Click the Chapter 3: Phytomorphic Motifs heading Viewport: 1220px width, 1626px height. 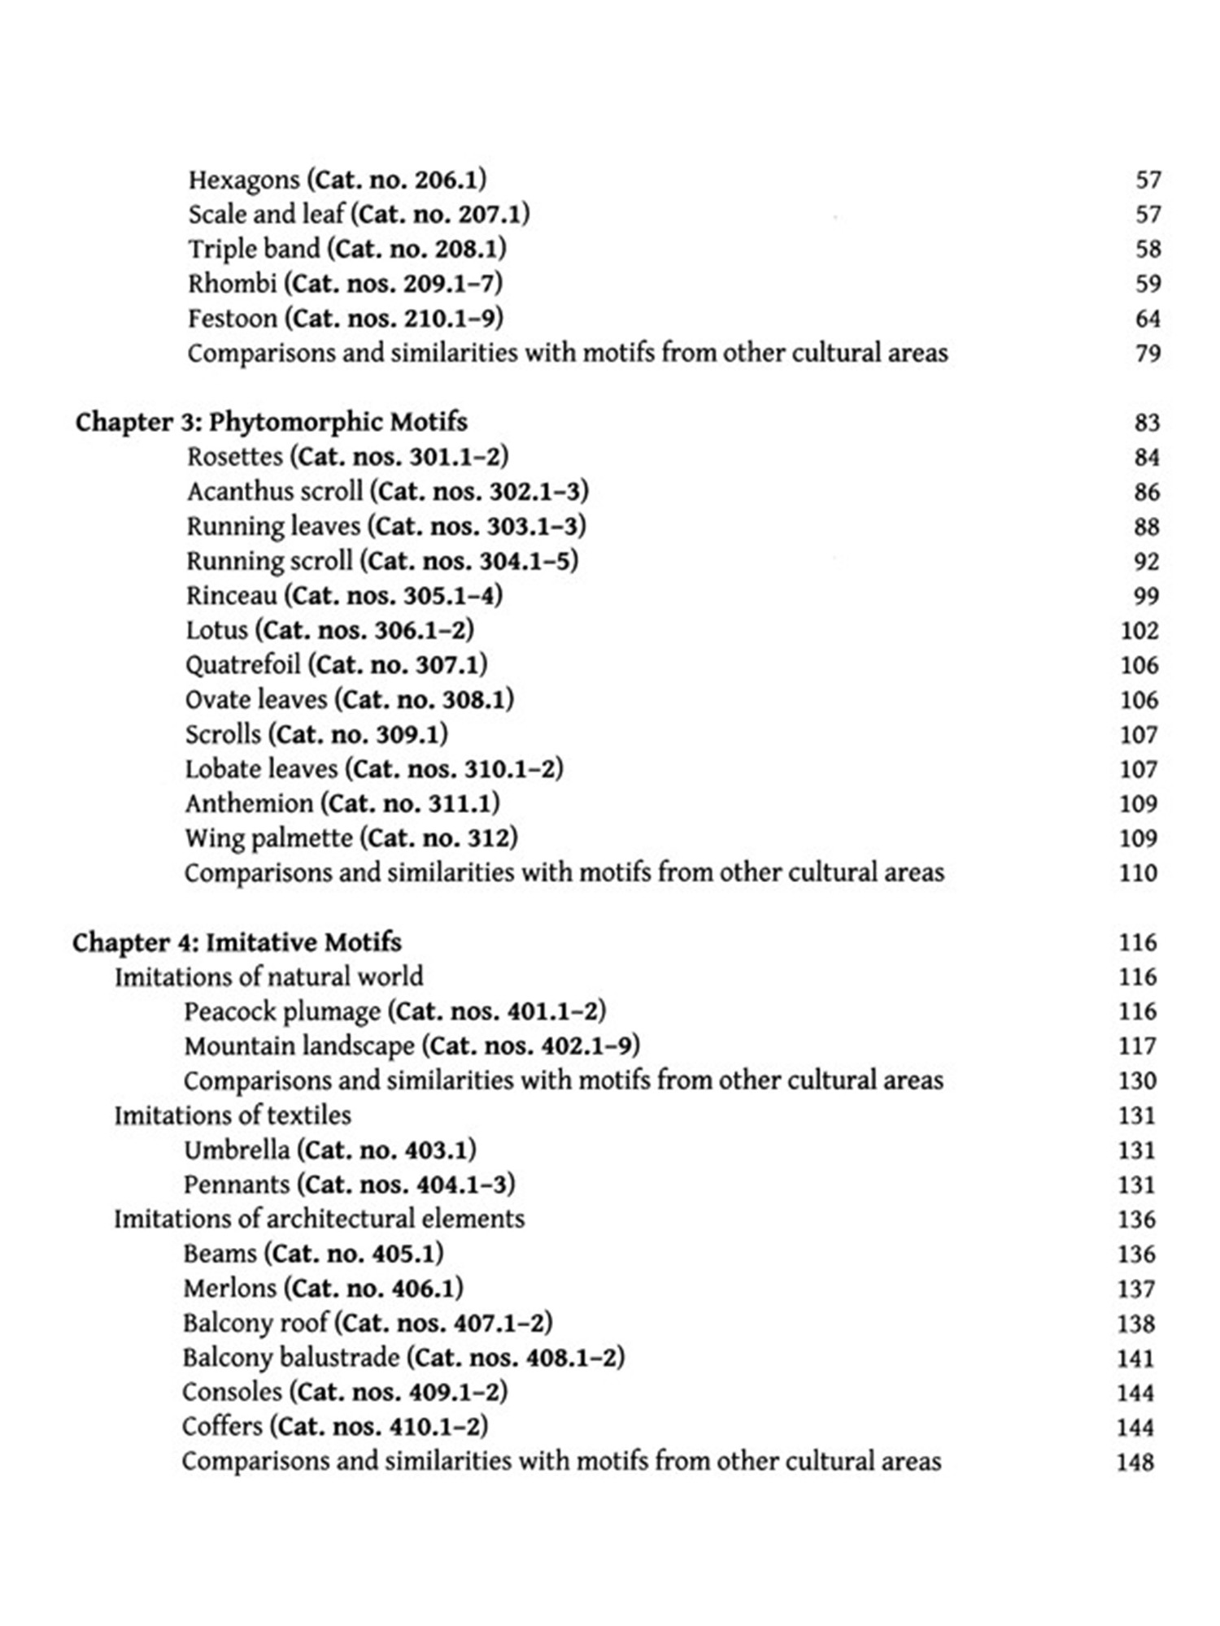point(271,422)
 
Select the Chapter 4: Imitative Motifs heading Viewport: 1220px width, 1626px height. point(237,942)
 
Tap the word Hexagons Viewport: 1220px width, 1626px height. point(244,180)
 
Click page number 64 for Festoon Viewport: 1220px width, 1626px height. point(1148,319)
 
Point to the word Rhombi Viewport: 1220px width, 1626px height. point(232,284)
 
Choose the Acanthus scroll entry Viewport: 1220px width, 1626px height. point(275,492)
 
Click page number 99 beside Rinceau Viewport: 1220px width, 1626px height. point(1146,596)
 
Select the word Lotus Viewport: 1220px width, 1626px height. point(216,630)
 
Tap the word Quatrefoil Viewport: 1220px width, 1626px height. point(242,665)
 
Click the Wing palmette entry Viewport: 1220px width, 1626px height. point(268,838)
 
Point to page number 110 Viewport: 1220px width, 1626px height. point(1138,873)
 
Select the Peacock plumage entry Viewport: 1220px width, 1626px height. point(281,1011)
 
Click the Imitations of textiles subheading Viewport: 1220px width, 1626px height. point(233,1115)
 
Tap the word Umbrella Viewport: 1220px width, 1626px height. point(236,1150)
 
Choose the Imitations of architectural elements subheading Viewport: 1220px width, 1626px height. point(319,1219)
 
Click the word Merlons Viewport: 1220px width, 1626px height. point(229,1289)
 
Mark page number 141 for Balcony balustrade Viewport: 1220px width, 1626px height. point(1135,1359)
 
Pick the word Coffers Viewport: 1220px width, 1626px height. point(222,1427)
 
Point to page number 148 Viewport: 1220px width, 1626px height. point(1135,1463)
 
